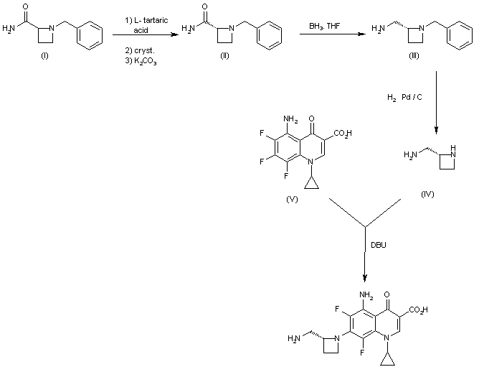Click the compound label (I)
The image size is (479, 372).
pos(44,57)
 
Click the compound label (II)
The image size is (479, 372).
pos(224,57)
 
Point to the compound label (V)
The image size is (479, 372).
pos(292,199)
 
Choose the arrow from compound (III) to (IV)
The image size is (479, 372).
pos(436,101)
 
